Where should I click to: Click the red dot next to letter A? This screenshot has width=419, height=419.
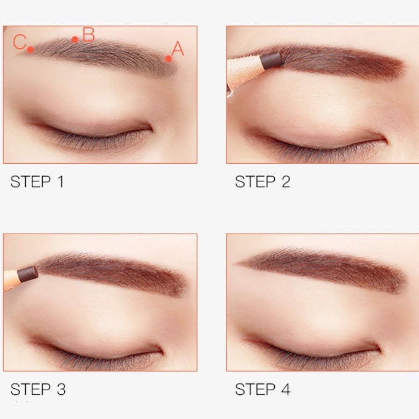(169, 59)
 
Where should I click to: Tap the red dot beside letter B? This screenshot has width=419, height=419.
(75, 39)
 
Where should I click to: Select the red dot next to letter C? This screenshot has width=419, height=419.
(31, 50)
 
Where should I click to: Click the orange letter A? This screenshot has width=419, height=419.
(178, 50)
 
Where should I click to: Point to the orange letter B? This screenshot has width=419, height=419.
(88, 35)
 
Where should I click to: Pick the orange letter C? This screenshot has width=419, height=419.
(20, 42)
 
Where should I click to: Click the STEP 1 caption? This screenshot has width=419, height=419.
(37, 182)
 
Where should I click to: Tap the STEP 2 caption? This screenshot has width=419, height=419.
(262, 182)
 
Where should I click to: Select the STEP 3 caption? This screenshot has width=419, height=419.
(38, 389)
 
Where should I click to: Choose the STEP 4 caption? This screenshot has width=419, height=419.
(262, 389)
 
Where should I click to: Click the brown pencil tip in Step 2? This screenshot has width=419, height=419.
(272, 59)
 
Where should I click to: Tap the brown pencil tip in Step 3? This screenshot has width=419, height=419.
(27, 273)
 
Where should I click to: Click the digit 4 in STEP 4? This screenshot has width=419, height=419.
(285, 389)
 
